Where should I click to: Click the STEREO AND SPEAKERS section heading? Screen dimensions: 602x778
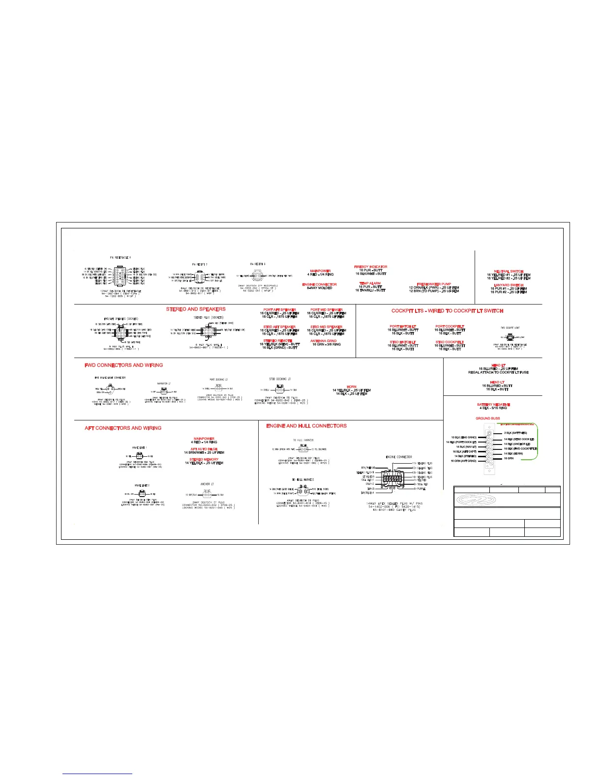(196, 309)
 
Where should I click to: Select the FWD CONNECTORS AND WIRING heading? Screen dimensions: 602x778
(123, 365)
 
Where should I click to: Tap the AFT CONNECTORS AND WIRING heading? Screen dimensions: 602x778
(123, 428)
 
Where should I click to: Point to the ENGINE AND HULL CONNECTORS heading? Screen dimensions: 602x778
(306, 426)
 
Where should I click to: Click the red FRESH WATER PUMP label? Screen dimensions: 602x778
(434, 284)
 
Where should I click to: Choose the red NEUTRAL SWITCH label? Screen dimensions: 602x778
(509, 271)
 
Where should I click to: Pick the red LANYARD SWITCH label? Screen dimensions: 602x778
(509, 285)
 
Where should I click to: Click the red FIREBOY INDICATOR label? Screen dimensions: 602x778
(371, 267)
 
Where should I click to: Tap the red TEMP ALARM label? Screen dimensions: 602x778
(370, 283)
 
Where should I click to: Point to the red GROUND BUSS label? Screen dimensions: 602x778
(488, 418)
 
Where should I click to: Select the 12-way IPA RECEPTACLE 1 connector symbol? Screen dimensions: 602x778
(120, 276)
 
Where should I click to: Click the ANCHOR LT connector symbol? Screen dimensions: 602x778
(207, 494)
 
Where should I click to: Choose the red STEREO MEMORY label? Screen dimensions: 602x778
(204, 459)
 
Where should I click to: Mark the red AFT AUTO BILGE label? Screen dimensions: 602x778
(204, 449)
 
